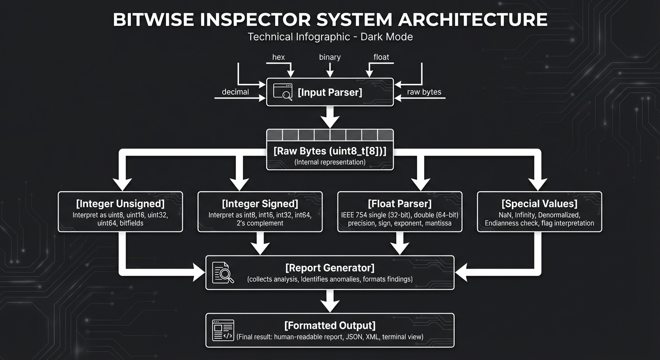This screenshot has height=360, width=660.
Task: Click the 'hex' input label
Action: [x=278, y=57]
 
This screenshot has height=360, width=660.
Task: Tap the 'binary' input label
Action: [x=330, y=57]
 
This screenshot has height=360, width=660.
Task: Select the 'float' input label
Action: [x=381, y=57]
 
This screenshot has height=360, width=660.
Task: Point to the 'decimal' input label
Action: [x=235, y=92]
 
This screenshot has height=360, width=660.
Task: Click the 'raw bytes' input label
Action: [x=424, y=92]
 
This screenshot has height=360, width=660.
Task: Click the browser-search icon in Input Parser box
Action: [x=283, y=92]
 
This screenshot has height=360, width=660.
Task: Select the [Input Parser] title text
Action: [x=330, y=92]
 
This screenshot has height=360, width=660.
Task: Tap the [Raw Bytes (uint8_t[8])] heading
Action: [x=330, y=151]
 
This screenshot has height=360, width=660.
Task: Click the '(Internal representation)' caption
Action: [x=330, y=162]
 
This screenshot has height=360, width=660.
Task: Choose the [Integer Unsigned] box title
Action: [x=120, y=204]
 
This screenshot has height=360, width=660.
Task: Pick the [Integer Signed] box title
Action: [x=260, y=204]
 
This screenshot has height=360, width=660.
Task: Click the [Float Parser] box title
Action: [x=399, y=204]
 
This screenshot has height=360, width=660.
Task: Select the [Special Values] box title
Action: [x=539, y=204]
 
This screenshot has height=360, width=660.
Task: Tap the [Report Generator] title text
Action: [x=330, y=268]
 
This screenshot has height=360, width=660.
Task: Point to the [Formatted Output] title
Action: [x=330, y=325]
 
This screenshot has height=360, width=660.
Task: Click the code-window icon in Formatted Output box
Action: [x=223, y=330]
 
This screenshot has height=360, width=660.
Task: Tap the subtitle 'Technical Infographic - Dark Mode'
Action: [x=330, y=37]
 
